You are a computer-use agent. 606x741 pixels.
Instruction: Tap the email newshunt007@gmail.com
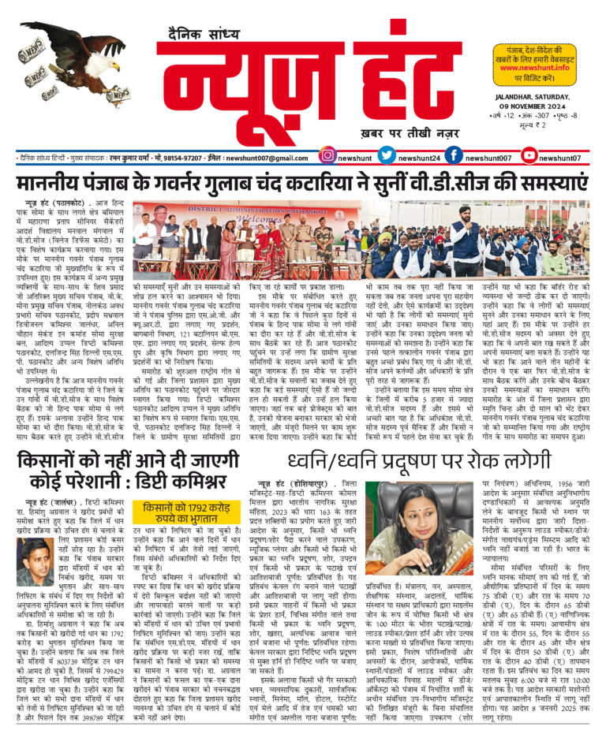264,158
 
